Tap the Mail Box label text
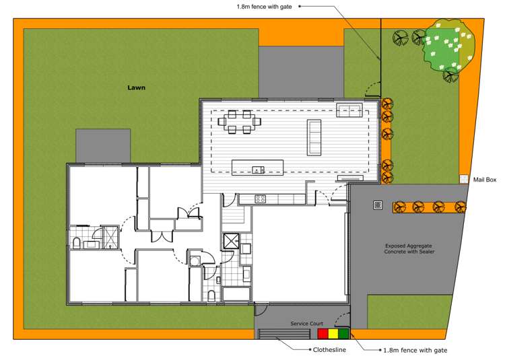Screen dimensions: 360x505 484,180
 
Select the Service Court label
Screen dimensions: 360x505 308,324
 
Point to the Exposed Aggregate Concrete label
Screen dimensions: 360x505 410,249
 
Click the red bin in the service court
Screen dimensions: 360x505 323,333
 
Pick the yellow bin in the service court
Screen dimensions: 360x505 333,333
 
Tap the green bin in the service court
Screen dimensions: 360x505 343,333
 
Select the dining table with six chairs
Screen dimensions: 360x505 239,122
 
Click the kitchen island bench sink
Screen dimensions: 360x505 257,169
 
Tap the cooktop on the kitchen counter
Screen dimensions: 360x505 260,199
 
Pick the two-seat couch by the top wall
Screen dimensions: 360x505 350,110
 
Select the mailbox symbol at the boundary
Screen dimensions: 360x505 464,180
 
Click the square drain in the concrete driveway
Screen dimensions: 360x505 378,205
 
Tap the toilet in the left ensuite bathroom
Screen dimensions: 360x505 76,242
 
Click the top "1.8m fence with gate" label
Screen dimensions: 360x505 263,6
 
